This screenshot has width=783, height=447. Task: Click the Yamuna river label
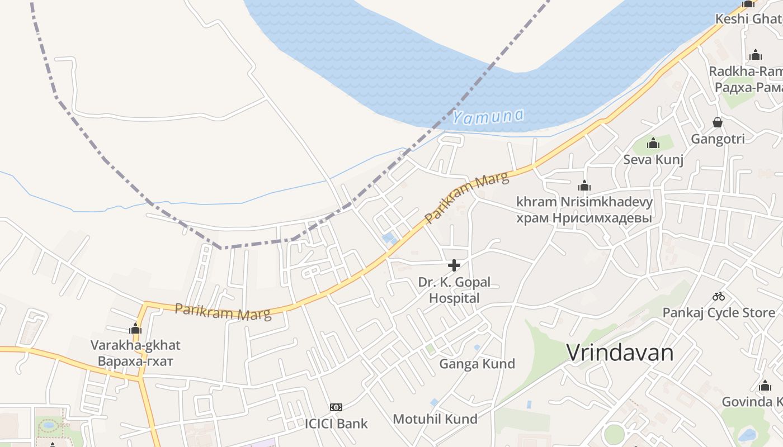click(488, 116)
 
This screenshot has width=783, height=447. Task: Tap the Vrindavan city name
click(620, 353)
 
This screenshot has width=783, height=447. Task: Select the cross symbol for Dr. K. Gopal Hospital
click(454, 265)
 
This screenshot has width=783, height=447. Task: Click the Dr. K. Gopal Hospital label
click(454, 290)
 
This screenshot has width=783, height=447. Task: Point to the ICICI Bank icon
click(336, 407)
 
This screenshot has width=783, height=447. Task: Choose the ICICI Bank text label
click(336, 424)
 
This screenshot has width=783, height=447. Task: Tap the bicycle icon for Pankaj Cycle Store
click(719, 296)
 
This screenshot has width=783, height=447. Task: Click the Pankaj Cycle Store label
click(719, 312)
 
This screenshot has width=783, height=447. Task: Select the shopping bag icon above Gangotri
click(718, 122)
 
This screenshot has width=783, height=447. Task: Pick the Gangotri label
click(718, 139)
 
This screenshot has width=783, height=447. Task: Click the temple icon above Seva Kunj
click(653, 144)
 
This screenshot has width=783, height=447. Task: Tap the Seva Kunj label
click(653, 160)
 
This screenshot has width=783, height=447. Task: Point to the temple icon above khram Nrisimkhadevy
click(584, 186)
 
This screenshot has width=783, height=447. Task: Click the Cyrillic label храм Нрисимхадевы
click(584, 218)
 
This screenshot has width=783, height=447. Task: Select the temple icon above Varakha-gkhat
click(135, 329)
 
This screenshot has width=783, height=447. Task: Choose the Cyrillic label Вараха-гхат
click(135, 361)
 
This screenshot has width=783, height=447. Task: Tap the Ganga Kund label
click(477, 364)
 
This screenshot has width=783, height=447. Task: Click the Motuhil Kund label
click(435, 419)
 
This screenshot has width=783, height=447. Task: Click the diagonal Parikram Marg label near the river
click(468, 198)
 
